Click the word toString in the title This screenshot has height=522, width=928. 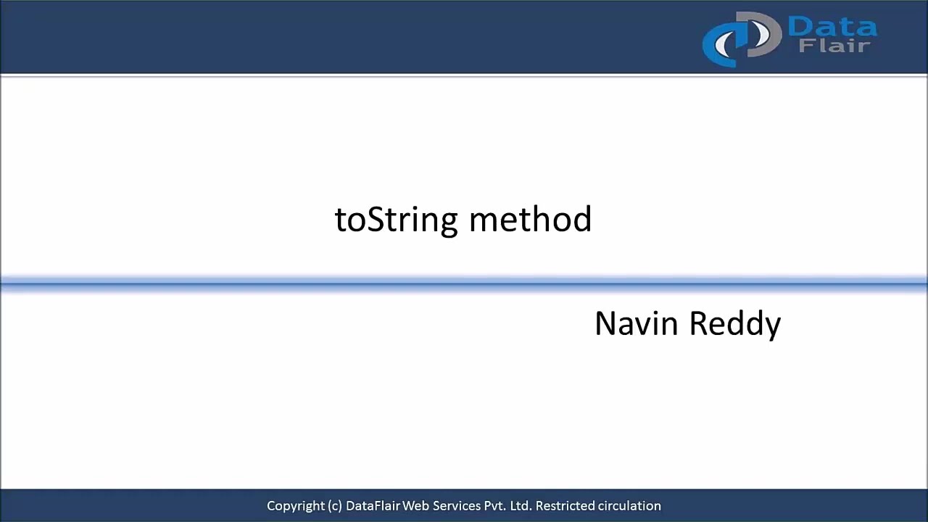click(396, 220)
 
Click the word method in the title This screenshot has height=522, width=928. click(530, 220)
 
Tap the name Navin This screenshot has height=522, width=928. click(637, 323)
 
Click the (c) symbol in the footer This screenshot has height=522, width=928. click(335, 506)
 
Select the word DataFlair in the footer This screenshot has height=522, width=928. click(373, 506)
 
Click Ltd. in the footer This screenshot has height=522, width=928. click(521, 506)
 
